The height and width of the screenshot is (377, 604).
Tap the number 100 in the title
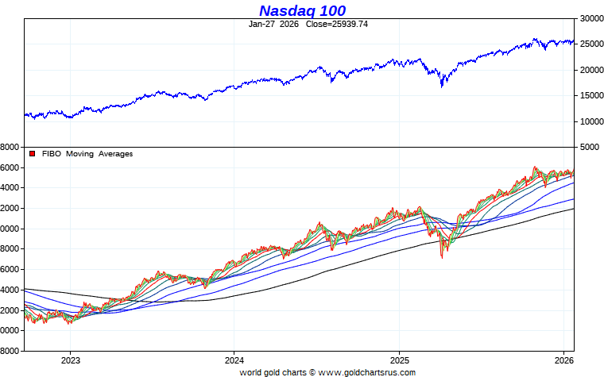(339, 10)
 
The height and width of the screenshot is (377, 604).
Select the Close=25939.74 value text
(337, 24)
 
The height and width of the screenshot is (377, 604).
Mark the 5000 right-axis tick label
(589, 148)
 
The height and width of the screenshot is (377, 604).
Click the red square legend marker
(33, 154)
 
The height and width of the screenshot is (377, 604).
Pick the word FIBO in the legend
(50, 154)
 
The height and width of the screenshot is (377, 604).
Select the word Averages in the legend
(115, 154)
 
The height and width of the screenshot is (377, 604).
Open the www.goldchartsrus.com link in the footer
(366, 371)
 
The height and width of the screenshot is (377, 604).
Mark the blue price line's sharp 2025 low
(442, 86)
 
